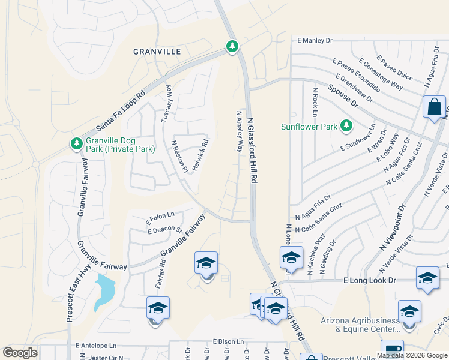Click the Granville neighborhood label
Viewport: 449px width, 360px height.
[157, 52]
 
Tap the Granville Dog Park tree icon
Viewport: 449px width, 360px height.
[76, 144]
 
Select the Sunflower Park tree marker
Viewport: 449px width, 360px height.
[346, 125]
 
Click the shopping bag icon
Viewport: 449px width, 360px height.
[433, 107]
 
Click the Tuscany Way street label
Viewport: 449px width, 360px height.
[167, 104]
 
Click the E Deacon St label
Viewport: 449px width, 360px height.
[164, 229]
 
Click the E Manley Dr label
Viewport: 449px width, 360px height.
[315, 41]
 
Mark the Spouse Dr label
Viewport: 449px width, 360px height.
[343, 95]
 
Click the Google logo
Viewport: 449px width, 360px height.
[20, 353]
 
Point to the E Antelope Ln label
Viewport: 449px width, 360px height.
[97, 346]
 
